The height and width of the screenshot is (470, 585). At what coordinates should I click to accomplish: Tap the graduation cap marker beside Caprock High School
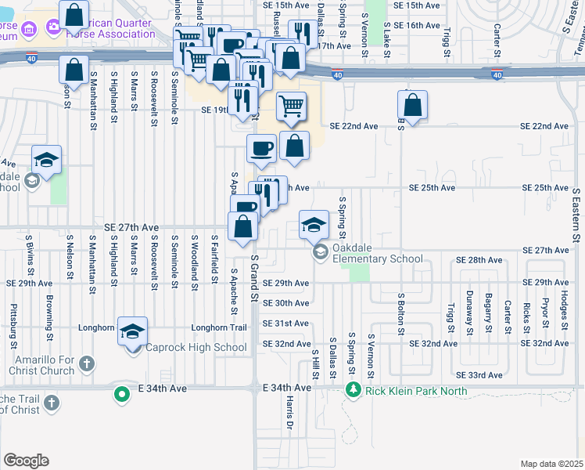(x=133, y=331)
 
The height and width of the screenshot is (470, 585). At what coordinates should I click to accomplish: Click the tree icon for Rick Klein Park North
(x=353, y=390)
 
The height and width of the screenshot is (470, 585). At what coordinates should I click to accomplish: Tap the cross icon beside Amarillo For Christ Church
(x=87, y=364)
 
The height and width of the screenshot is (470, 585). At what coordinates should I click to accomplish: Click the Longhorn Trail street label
(x=225, y=327)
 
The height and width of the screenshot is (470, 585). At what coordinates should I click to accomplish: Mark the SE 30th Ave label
(x=285, y=303)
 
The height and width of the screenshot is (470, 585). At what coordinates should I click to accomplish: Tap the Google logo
(x=26, y=461)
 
